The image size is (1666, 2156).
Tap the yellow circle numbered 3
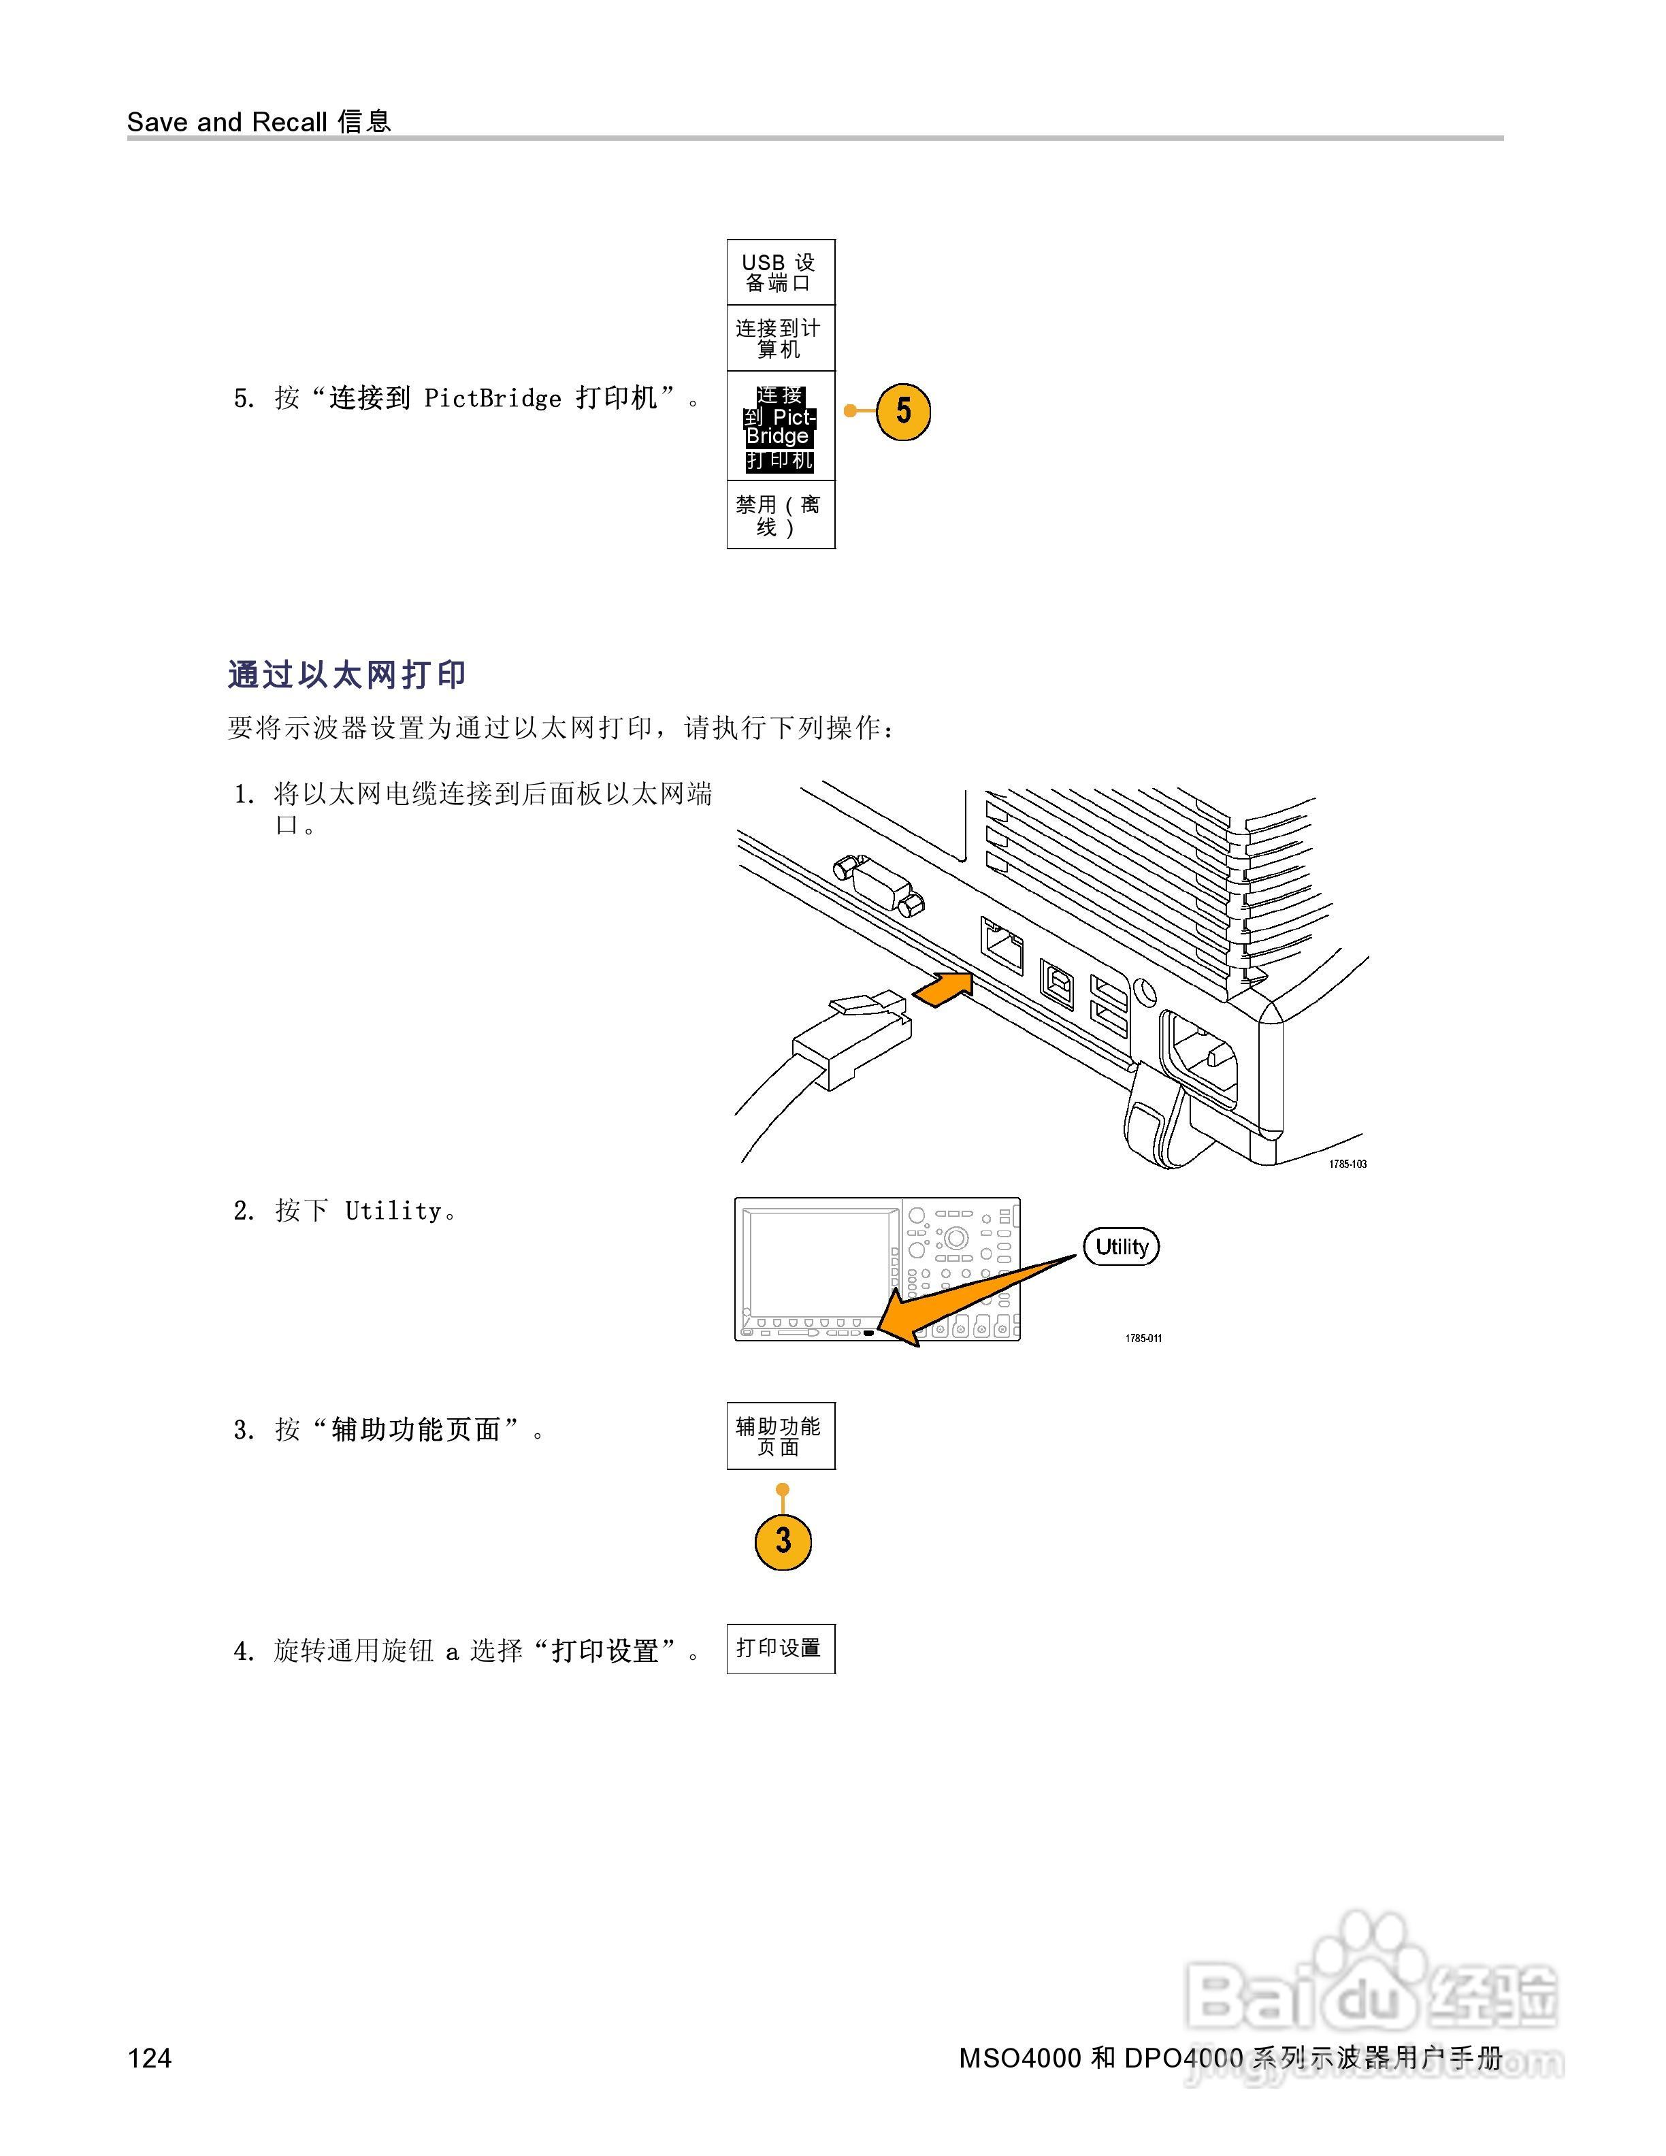point(783,1540)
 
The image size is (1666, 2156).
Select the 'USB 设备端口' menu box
point(781,272)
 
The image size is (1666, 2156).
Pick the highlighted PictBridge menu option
point(781,427)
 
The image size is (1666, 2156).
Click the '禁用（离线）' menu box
point(781,514)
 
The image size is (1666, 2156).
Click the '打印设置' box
point(781,1648)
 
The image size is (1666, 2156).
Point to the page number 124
point(149,2057)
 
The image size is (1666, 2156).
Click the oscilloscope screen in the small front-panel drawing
point(816,1262)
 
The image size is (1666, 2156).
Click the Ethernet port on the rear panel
point(1002,946)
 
